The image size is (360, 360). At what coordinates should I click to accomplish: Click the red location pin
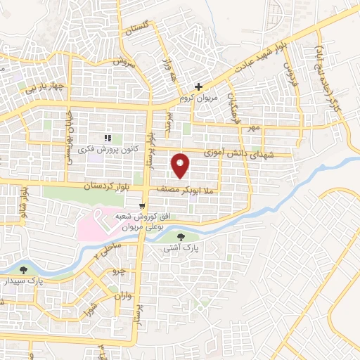[181, 165]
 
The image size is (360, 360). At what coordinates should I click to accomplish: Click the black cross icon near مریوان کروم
[199, 87]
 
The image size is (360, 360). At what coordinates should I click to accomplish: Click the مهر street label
[253, 127]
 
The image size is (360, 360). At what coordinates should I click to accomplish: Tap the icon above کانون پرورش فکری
[108, 138]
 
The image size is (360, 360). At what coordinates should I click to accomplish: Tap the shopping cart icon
[143, 207]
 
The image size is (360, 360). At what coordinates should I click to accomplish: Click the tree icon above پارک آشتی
[183, 236]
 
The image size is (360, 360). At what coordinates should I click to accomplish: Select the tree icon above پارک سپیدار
[25, 269]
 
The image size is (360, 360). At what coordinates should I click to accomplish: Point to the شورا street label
[90, 310]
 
